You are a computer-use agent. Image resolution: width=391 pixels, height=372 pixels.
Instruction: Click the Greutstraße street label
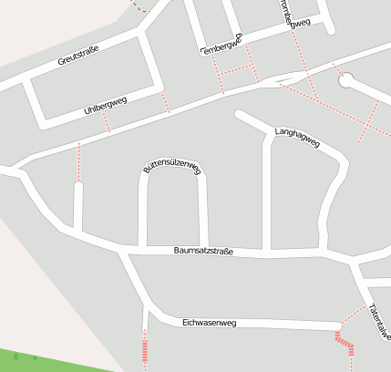point(77,55)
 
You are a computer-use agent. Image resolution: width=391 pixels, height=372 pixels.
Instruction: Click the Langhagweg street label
point(297,138)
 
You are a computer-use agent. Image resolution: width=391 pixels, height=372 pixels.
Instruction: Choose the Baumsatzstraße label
point(203,251)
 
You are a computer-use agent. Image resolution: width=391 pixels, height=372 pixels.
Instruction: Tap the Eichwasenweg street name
point(209,322)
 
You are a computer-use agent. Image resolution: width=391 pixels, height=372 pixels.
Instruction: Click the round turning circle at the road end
point(345,80)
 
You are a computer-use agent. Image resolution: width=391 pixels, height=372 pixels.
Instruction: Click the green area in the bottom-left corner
point(36,360)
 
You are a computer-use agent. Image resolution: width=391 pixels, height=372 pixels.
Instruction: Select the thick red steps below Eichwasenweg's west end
point(144,347)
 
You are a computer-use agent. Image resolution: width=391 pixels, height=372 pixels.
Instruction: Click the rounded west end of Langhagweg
point(240,115)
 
